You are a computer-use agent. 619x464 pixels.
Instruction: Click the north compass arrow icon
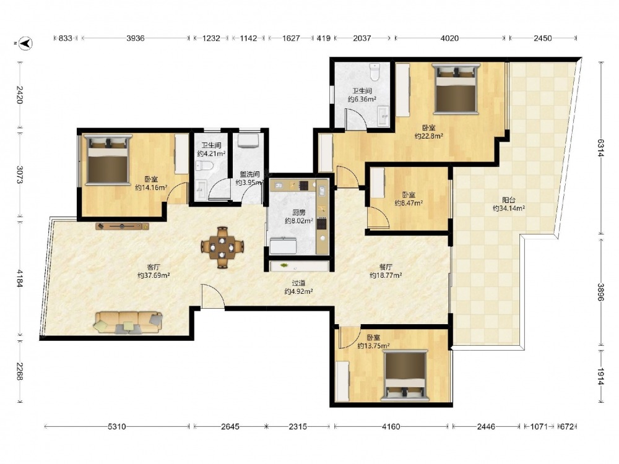[25, 43]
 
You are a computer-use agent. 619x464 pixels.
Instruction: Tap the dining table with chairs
[222, 247]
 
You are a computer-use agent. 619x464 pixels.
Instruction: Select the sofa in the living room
[128, 322]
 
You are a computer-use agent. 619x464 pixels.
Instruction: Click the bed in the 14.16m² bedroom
[108, 160]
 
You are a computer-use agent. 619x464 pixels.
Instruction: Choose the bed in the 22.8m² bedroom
[456, 88]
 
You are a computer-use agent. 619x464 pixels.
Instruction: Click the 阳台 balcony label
[508, 200]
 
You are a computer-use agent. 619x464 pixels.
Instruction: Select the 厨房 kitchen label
[298, 213]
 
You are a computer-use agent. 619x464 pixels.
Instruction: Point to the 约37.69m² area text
[154, 275]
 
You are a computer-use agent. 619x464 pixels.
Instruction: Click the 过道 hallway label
[298, 283]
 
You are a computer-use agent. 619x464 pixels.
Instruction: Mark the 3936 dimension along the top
[136, 38]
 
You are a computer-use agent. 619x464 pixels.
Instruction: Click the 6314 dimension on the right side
[601, 148]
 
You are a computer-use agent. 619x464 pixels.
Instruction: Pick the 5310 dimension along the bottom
[117, 426]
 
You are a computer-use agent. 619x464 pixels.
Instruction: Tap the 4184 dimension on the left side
[19, 278]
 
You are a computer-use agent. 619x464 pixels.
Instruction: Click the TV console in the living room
[123, 226]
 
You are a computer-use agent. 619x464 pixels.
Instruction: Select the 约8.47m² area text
[409, 203]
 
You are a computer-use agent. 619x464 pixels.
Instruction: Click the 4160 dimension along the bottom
[391, 426]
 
